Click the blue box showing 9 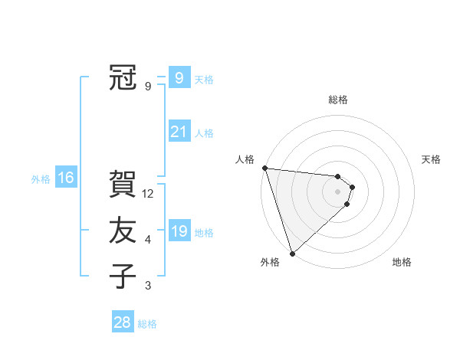179,77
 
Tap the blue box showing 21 179,132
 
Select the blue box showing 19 179,231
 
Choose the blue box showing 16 66,178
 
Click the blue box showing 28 122,322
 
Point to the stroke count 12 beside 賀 149,194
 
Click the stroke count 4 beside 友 148,240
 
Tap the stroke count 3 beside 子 148,286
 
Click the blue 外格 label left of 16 41,179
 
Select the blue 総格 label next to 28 147,324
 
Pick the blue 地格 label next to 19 204,233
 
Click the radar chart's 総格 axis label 338,100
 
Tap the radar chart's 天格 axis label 432,159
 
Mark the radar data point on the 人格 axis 264,168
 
